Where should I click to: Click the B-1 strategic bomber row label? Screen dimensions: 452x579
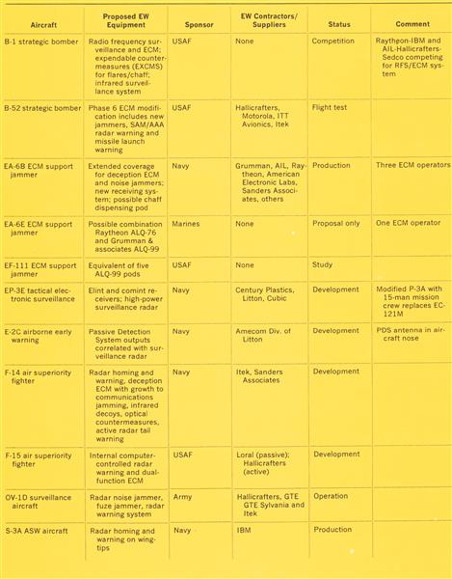[x=41, y=42]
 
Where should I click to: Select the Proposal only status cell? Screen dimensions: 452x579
[x=336, y=224]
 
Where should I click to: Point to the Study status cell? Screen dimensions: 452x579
[x=323, y=263]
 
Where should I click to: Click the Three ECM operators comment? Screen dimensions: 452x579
[x=412, y=165]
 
